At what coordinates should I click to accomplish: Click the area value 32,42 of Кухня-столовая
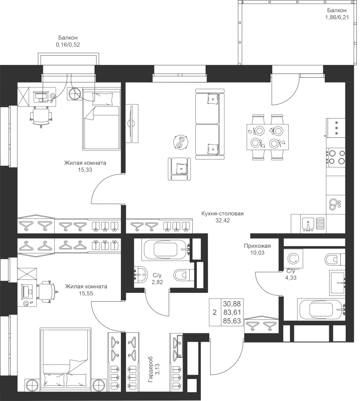click(x=222, y=220)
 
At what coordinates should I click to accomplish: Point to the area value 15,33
click(x=85, y=170)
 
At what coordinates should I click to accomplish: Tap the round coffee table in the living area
click(x=181, y=142)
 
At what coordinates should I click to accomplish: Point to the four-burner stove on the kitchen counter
click(x=336, y=156)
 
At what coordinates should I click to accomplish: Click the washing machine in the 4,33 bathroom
click(x=294, y=259)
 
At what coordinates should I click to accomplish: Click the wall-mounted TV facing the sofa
click(x=131, y=123)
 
